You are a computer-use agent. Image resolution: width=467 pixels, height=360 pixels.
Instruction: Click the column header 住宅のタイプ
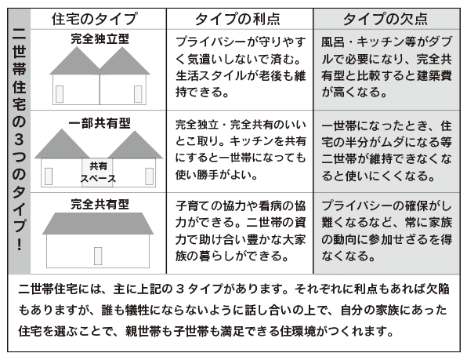point(95,19)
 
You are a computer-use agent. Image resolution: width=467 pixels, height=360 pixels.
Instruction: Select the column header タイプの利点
point(237,19)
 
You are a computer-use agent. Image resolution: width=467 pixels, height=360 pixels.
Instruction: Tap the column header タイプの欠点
point(386,19)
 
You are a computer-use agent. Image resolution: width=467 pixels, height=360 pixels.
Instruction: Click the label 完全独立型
point(100,38)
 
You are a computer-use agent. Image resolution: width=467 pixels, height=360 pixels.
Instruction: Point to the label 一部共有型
point(100,123)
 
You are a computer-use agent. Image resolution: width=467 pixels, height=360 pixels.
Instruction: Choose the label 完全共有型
point(100,205)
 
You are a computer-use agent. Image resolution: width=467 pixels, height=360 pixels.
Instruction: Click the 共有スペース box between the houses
point(98,173)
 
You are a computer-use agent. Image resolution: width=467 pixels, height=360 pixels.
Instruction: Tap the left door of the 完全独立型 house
point(60,94)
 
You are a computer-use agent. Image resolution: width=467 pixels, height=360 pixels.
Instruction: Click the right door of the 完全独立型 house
point(138,94)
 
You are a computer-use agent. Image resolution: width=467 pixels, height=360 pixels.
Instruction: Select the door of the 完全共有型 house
point(98,256)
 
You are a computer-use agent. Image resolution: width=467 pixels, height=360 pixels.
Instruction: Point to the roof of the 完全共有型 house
point(98,224)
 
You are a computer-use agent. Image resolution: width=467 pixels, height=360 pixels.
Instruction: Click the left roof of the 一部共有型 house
point(62,144)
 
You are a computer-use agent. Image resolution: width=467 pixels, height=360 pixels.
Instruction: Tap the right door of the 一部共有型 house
point(149,176)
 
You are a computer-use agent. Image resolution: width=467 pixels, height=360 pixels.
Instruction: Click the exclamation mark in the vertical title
point(20,245)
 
